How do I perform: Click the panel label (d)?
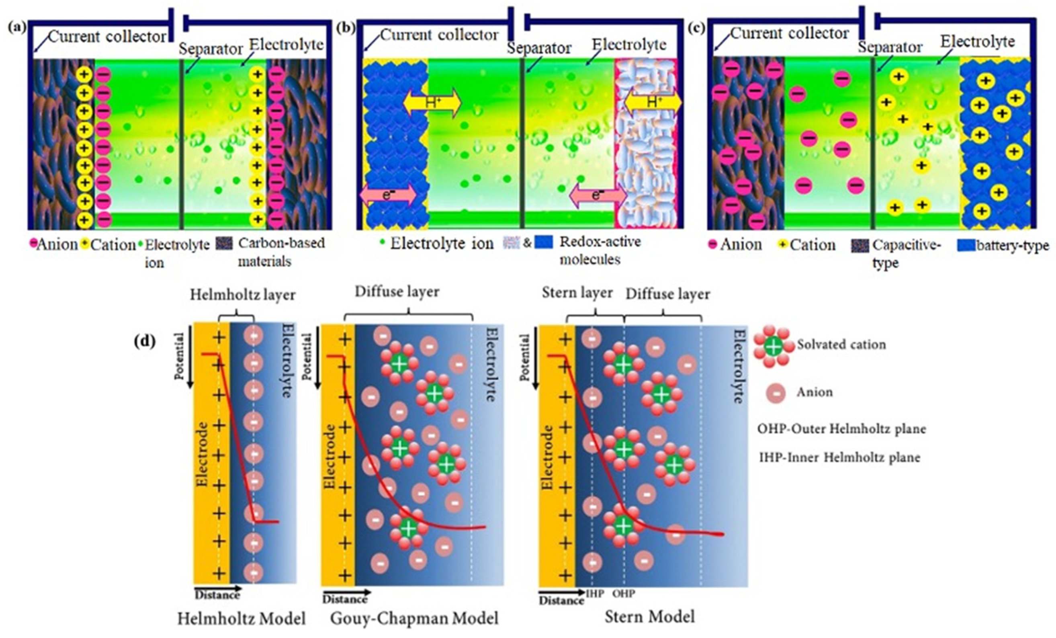(144, 341)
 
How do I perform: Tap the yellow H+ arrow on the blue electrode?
(432, 103)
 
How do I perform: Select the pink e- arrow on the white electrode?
(598, 195)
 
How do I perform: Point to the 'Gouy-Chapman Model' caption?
(414, 619)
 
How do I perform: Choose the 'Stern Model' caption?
(649, 617)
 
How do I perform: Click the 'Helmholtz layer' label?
(243, 295)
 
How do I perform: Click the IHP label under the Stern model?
(595, 594)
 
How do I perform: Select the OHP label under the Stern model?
(624, 594)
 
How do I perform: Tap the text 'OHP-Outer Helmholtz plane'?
(841, 429)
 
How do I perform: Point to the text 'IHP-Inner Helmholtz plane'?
(839, 457)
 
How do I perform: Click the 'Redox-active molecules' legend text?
(600, 250)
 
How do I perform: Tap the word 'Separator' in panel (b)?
(539, 49)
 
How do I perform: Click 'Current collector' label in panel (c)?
(790, 33)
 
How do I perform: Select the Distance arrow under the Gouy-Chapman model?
(346, 592)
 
